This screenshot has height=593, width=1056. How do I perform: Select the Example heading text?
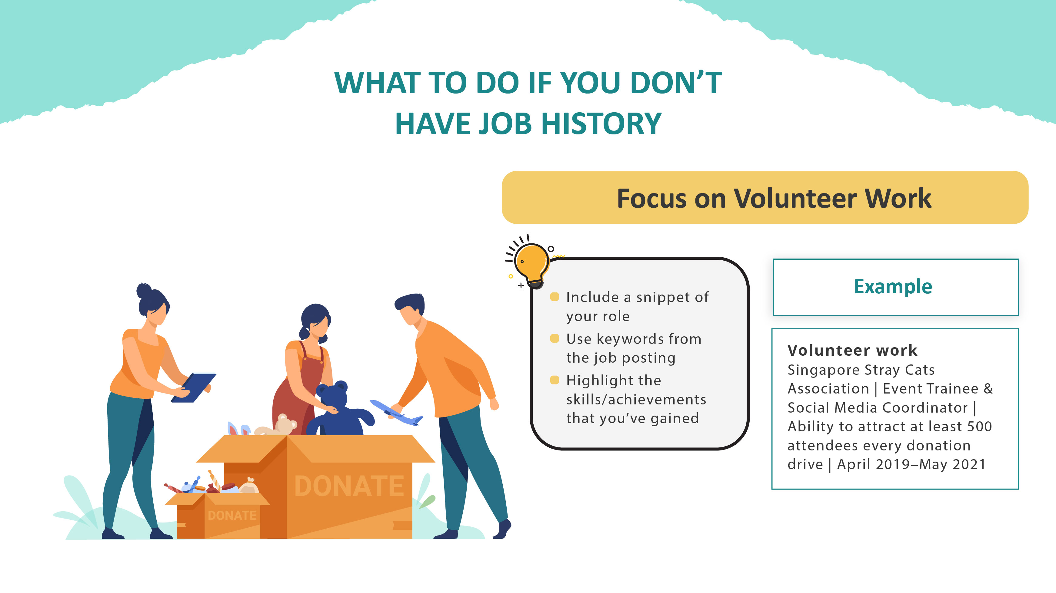coord(893,286)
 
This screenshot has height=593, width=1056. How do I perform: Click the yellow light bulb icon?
coord(532,262)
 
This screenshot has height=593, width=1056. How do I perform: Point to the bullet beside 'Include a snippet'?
coord(554,297)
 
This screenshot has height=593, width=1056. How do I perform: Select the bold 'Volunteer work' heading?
coord(852,351)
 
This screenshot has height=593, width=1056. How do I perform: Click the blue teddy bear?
coord(338,410)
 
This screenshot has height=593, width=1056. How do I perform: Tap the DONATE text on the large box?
coord(349,486)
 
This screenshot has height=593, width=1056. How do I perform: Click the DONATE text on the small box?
coord(232,515)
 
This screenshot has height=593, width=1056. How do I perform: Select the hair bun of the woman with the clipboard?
coord(144,290)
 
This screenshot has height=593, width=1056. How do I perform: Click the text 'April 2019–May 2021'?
coord(911,464)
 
